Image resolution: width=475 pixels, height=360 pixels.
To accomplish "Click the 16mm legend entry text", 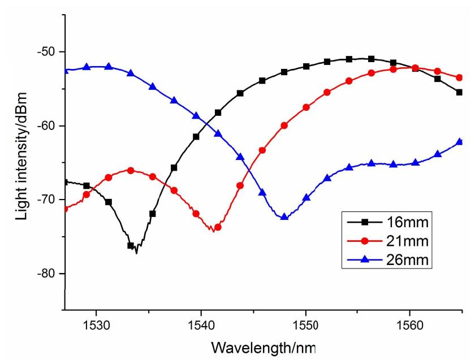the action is point(408,222).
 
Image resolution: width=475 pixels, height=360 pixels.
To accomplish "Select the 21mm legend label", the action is point(408,241).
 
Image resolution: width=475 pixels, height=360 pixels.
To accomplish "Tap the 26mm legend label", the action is point(408,260).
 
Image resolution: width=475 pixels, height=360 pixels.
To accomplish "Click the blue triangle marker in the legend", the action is point(365,259).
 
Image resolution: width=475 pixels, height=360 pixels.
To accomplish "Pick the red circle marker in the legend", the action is point(365,241).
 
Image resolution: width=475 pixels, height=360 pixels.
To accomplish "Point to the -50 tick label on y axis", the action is point(46,51).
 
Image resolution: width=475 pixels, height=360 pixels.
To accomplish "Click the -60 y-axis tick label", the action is point(46,125).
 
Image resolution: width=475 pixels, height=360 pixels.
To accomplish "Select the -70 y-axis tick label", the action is point(46,199).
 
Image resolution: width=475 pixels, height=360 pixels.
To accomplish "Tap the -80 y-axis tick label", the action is point(46,273).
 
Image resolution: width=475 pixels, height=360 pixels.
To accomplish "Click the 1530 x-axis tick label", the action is point(96,325).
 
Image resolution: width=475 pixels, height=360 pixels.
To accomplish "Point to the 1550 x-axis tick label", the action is point(306,325).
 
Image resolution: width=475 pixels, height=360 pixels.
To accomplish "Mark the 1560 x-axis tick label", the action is point(410,325).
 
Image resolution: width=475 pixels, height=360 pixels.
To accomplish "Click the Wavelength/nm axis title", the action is point(264,348).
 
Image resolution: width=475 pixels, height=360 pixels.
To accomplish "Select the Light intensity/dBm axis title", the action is point(22,156).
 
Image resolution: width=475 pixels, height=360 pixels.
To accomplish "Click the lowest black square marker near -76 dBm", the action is point(131,245).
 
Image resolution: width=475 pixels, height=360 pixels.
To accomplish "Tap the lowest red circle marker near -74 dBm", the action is point(218,227).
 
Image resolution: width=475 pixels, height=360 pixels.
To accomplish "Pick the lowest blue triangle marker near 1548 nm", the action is point(284,216).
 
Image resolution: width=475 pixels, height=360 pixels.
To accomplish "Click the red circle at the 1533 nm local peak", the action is point(131,171).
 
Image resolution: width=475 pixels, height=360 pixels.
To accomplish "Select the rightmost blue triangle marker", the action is point(459,141).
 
